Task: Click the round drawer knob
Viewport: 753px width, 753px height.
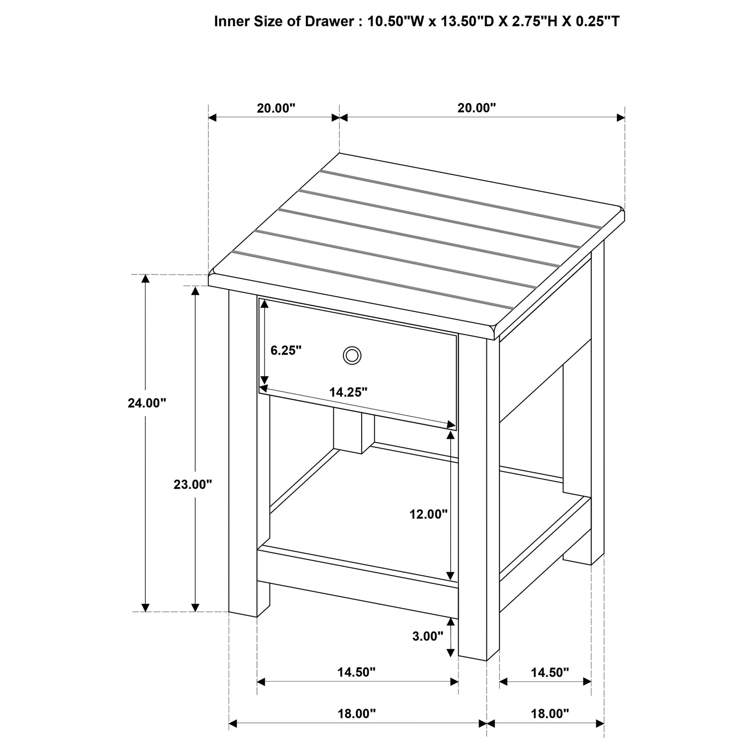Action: [x=352, y=355]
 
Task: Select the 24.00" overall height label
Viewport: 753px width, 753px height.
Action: [x=147, y=403]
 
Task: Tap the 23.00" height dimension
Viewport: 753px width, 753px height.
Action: [x=193, y=484]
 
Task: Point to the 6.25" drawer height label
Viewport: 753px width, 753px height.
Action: [x=286, y=350]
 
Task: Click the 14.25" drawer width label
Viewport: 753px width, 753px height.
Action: [x=348, y=392]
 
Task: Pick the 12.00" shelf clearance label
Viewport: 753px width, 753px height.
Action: [x=428, y=514]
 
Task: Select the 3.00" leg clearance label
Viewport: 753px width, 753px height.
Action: [x=428, y=637]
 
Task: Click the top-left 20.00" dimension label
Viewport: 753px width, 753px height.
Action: [x=276, y=108]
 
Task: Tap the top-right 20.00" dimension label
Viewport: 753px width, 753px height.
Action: [x=476, y=108]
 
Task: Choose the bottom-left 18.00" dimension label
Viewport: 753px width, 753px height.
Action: [x=356, y=714]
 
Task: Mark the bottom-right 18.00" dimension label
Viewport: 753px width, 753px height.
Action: [x=550, y=714]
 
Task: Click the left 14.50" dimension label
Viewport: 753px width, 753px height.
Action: [x=356, y=672]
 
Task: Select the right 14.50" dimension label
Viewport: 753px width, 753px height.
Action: [x=550, y=672]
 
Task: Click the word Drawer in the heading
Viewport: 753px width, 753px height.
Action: [x=329, y=21]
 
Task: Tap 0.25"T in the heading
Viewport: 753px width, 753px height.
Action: [x=597, y=21]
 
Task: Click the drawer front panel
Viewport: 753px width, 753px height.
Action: [x=393, y=371]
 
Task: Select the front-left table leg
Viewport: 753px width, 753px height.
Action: [x=243, y=454]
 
